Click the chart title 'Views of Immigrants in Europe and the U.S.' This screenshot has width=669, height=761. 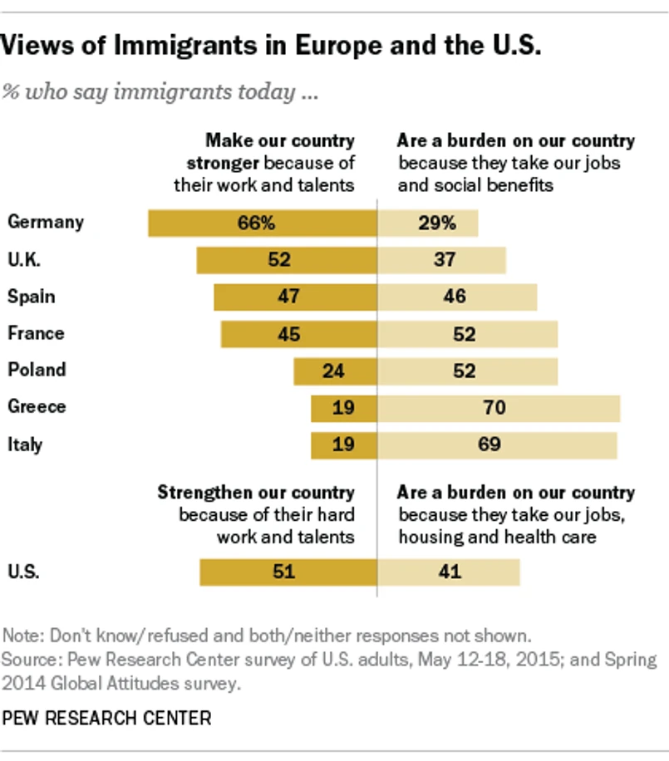[x=271, y=47]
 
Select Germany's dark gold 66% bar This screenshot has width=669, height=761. [x=263, y=223]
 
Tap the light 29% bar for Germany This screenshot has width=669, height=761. [x=428, y=223]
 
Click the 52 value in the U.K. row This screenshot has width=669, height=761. [x=279, y=260]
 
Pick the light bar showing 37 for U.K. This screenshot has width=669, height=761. [x=442, y=260]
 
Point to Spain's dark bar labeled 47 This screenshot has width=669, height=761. [x=295, y=297]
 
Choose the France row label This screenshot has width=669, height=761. [x=36, y=333]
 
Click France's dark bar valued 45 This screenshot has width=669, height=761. [x=299, y=334]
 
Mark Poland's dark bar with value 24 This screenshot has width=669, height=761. [x=335, y=371]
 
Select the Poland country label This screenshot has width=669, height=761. [x=37, y=370]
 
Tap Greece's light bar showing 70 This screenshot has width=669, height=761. [x=499, y=408]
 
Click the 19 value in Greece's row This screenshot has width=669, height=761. [x=343, y=408]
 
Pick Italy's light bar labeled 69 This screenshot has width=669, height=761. [x=497, y=444]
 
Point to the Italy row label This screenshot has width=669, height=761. [x=25, y=444]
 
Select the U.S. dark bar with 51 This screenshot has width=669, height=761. [x=288, y=572]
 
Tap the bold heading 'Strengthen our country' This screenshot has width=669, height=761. [x=256, y=493]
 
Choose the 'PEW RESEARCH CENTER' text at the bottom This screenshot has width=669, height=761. [x=107, y=717]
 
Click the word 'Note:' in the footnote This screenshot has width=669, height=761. [x=22, y=636]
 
